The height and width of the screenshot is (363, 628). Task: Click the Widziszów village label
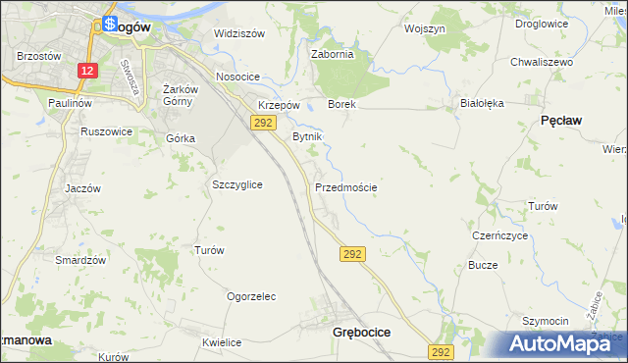[x=239, y=33]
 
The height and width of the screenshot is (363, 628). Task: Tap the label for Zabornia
[x=332, y=55]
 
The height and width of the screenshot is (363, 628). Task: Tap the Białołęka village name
[x=481, y=102]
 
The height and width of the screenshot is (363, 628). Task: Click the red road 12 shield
[x=88, y=71]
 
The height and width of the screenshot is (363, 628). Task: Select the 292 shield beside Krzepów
[x=262, y=123]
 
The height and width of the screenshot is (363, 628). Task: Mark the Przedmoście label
[x=345, y=186]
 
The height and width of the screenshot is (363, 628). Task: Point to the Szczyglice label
[x=236, y=184]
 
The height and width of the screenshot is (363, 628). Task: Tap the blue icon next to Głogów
[x=110, y=24]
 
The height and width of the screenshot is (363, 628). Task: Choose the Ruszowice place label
[x=107, y=130]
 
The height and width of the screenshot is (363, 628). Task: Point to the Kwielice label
[x=222, y=342]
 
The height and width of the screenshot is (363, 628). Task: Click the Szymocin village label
[x=546, y=322]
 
